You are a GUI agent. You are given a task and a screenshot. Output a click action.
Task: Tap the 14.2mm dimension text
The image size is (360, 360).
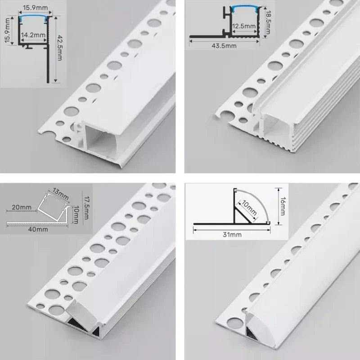pos(34,34)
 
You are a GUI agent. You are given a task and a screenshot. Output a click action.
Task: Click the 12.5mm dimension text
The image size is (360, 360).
pos(245,26)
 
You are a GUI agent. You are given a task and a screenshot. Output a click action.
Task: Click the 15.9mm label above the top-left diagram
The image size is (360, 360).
pos(34,8)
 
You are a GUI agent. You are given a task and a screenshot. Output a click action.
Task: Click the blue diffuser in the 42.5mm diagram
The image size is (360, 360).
pos(34,18)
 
